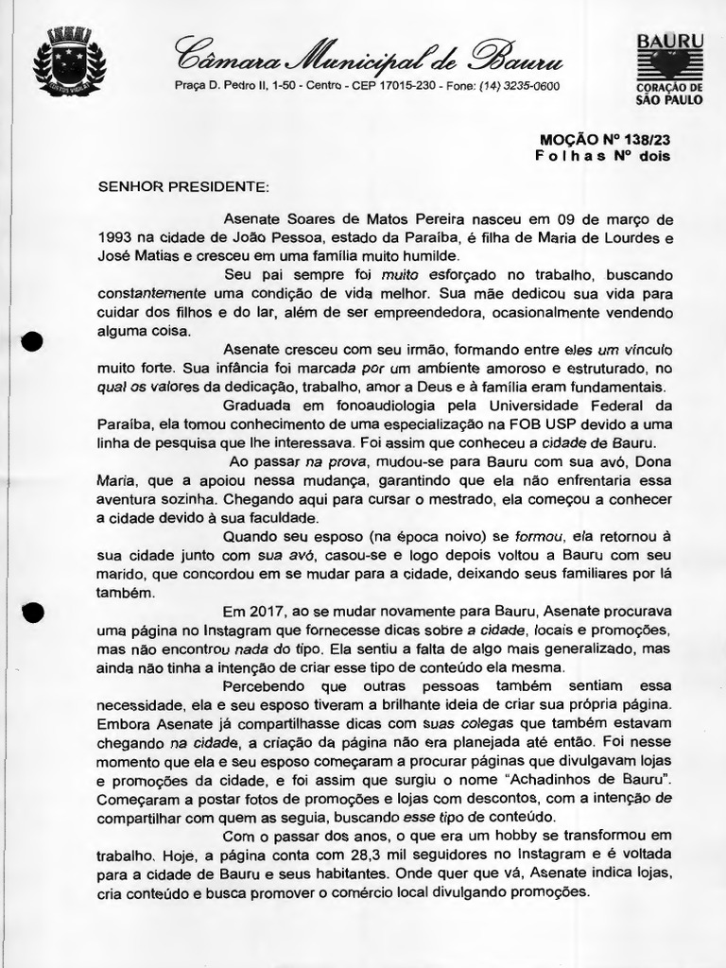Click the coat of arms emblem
click(69, 62)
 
